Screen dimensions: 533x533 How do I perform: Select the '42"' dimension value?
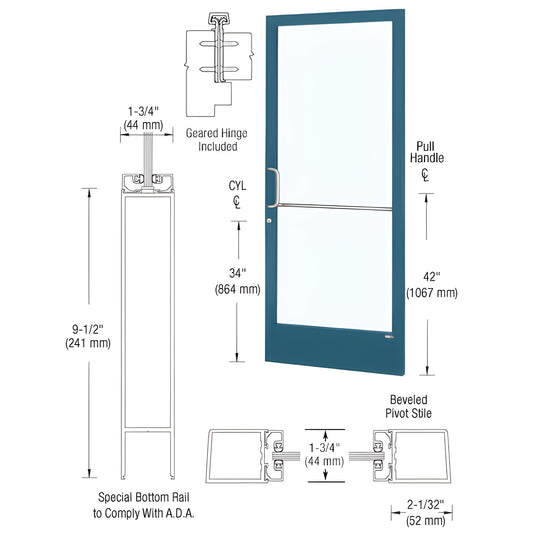click(431, 279)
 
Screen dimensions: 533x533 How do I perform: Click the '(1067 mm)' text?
click(431, 293)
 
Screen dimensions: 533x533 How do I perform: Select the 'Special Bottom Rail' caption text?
click(139, 496)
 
